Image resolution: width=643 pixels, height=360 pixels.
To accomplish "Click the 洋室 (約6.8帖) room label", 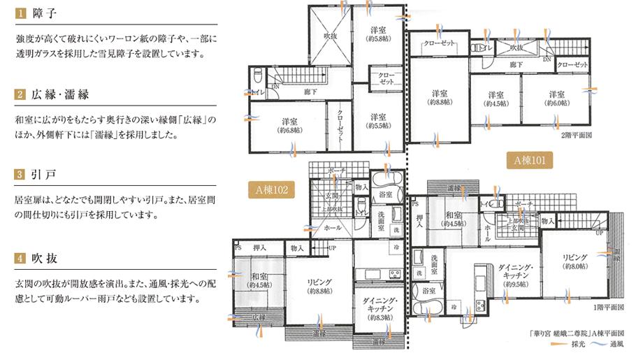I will (289, 124).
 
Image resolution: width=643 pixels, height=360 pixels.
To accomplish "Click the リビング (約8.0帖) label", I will (575, 261).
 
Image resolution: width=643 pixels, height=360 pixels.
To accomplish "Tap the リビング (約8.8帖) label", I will (319, 286).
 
